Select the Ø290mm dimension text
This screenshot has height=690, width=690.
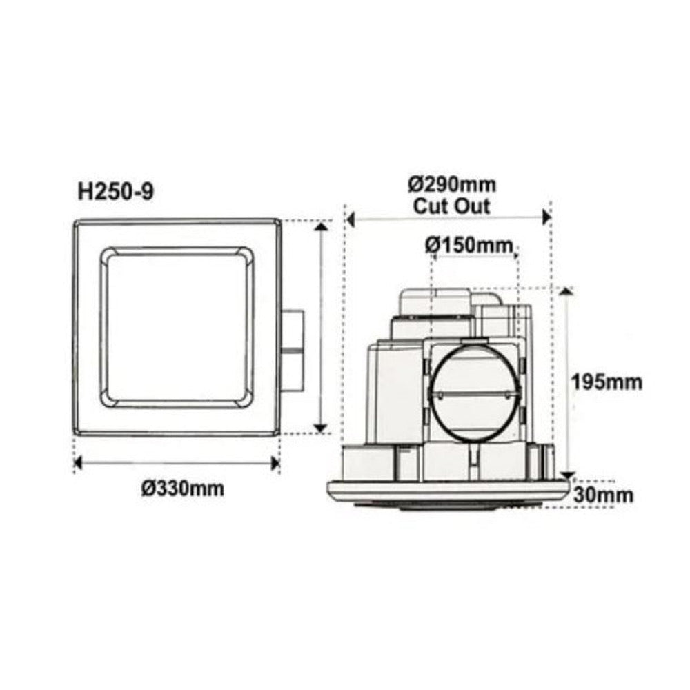(451, 185)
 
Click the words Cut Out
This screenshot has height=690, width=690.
(451, 205)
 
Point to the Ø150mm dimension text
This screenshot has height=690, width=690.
(469, 244)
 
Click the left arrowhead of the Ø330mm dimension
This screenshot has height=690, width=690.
(79, 462)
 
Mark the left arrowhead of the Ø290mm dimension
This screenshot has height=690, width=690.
(350, 219)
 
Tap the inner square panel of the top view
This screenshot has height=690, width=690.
(177, 327)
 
